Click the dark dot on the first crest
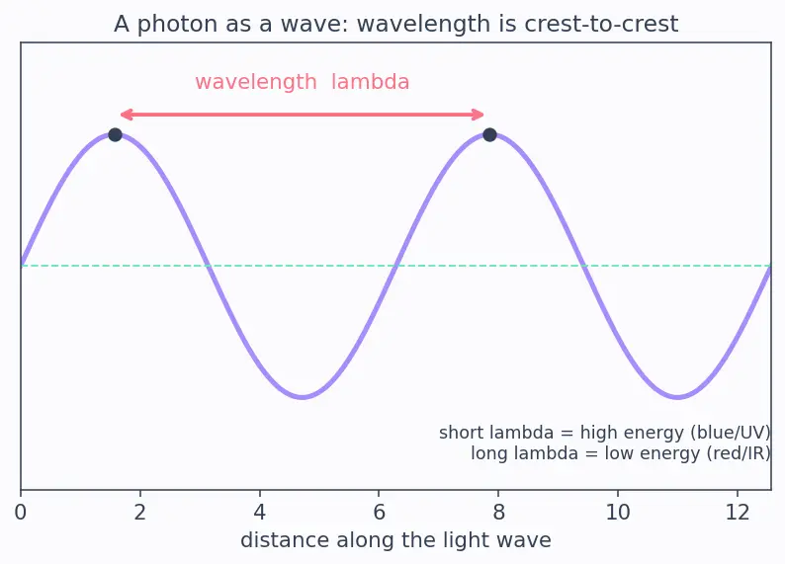(x=115, y=134)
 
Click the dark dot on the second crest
(x=489, y=134)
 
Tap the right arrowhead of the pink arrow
(x=479, y=115)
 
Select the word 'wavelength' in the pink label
(x=256, y=82)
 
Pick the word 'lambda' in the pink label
(x=370, y=82)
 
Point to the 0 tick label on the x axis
(x=21, y=513)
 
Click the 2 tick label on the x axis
(x=140, y=513)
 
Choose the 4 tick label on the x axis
(x=259, y=513)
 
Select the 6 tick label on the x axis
(x=379, y=513)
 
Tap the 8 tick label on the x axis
(x=498, y=513)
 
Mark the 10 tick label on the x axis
(x=618, y=513)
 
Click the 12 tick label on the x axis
(x=738, y=513)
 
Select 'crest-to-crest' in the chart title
(x=600, y=24)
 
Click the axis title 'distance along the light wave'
(x=396, y=540)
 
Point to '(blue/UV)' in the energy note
(x=731, y=433)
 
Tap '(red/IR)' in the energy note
(x=739, y=453)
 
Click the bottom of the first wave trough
(x=303, y=397)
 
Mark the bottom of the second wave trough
(x=677, y=397)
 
